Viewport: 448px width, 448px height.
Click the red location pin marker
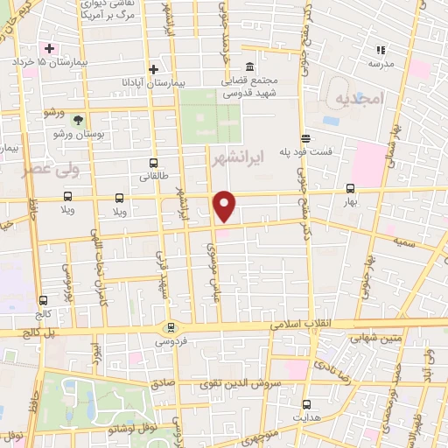tap(225, 206)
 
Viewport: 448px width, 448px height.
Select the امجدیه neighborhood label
tap(358, 101)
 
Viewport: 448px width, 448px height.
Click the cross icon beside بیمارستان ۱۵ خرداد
tap(50, 48)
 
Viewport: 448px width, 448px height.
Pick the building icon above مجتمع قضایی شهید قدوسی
tap(249, 67)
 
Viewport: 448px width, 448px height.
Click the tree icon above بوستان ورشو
tap(80, 120)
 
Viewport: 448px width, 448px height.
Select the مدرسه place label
tap(380, 63)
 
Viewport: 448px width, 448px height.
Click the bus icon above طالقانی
tap(154, 163)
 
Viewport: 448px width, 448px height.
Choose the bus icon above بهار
tap(350, 188)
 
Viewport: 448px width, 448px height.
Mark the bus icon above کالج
tap(44, 300)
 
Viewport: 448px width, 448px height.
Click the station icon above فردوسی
tap(171, 328)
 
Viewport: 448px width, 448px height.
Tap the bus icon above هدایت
tap(306, 404)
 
